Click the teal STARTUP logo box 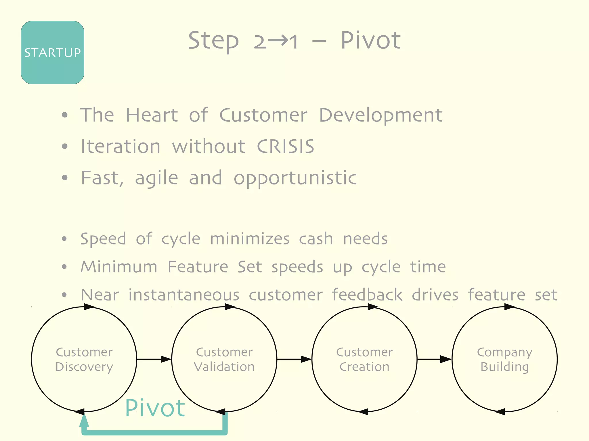[52, 52]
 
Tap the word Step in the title [213, 41]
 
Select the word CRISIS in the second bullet [285, 146]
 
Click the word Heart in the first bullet [152, 115]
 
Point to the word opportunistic [295, 178]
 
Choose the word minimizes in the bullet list [250, 239]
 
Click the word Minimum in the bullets [119, 267]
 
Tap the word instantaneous [184, 295]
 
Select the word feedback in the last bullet [367, 295]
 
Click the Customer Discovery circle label [84, 359]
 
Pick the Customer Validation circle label [224, 359]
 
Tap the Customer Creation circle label [364, 359]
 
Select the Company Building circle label [504, 359]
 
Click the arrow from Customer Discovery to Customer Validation [154, 359]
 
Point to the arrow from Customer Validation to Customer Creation [294, 359]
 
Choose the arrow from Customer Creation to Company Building [434, 359]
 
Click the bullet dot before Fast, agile [65, 178]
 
